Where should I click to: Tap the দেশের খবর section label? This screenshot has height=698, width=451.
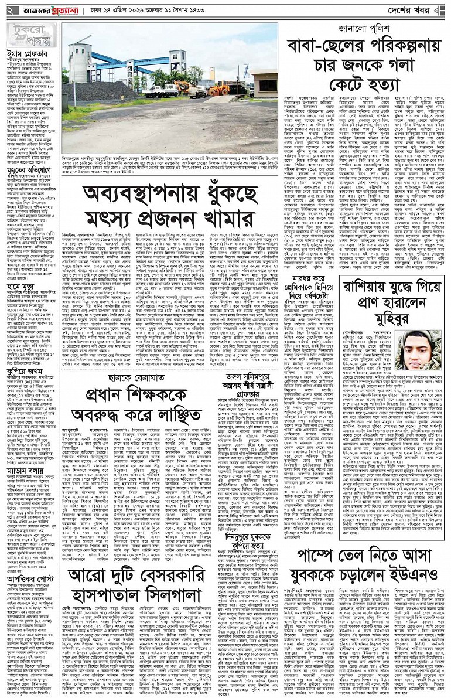[416, 11]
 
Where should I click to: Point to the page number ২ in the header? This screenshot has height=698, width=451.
[9, 11]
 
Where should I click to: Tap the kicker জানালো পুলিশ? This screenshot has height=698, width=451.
[363, 28]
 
